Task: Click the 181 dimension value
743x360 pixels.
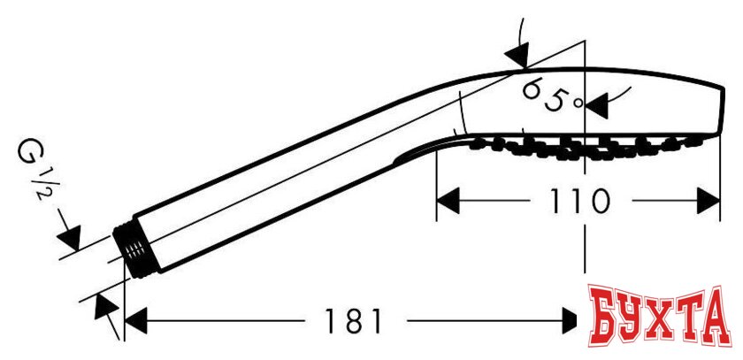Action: (353, 321)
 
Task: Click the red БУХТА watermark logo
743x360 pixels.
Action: (660, 316)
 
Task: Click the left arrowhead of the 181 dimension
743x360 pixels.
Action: (135, 321)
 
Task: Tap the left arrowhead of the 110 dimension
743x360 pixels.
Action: (448, 201)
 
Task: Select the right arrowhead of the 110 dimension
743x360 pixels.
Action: (709, 201)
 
